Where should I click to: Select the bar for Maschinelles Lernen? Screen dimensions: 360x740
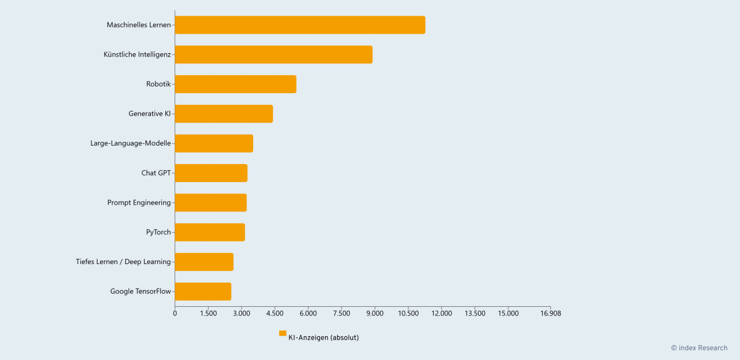click(x=299, y=25)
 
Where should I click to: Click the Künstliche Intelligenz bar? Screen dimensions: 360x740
click(x=273, y=54)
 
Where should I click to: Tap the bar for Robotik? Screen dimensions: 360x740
click(x=235, y=84)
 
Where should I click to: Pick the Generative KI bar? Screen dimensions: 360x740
click(x=224, y=114)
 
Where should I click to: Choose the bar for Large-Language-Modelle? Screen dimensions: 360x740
click(x=214, y=143)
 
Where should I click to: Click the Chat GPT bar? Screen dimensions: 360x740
click(x=211, y=173)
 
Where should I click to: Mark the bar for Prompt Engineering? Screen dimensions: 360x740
click(x=210, y=202)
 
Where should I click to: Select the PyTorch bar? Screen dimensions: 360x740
click(x=210, y=232)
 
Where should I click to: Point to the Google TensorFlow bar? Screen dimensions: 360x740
click(x=203, y=291)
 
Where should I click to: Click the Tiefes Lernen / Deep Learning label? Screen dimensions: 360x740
click(x=123, y=262)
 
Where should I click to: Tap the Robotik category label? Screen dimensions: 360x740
click(x=158, y=84)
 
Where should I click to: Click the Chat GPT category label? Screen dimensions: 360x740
click(x=156, y=173)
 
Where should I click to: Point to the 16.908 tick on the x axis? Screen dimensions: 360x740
click(x=550, y=313)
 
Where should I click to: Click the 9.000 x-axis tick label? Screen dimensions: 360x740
click(x=375, y=313)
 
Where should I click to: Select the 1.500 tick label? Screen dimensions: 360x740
click(x=208, y=313)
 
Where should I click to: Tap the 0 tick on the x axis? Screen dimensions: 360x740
click(x=175, y=313)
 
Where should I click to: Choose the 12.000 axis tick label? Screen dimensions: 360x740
click(x=441, y=313)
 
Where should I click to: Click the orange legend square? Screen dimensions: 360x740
click(x=283, y=333)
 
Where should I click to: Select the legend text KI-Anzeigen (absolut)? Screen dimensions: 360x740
click(x=323, y=337)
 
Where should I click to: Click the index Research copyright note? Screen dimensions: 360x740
click(x=699, y=348)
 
